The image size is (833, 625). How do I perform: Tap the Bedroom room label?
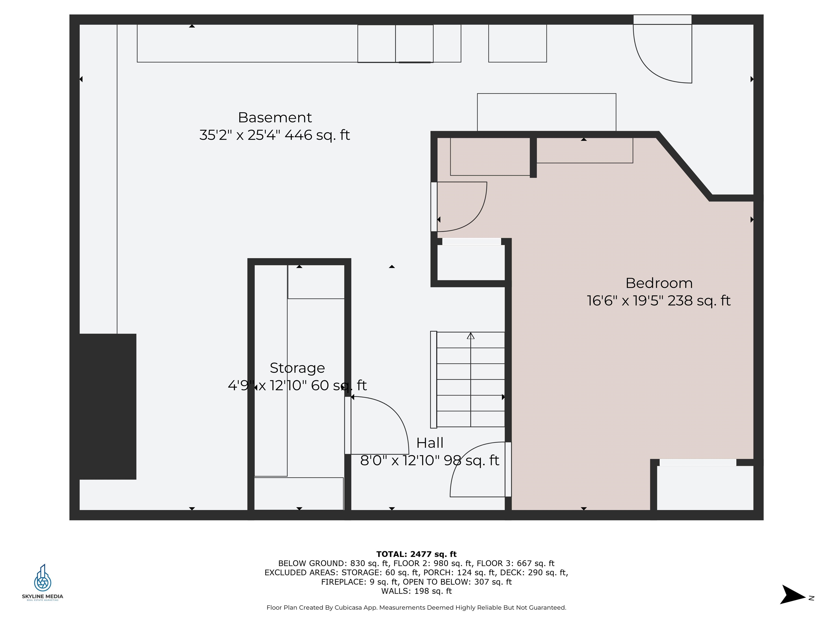tap(659, 283)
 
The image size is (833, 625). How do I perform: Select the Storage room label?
tap(297, 368)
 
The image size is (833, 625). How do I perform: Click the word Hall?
tap(430, 443)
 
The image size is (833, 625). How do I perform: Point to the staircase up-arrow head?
tap(470, 335)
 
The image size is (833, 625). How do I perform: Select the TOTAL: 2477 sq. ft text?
tap(416, 554)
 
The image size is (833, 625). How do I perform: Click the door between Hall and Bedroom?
tap(508, 469)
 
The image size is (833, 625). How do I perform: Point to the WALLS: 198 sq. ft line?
tap(416, 591)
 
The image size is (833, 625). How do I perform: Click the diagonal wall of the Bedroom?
tap(684, 166)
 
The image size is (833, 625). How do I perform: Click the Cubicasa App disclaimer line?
tap(416, 607)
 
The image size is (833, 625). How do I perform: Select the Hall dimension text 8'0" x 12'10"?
tap(400, 460)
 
